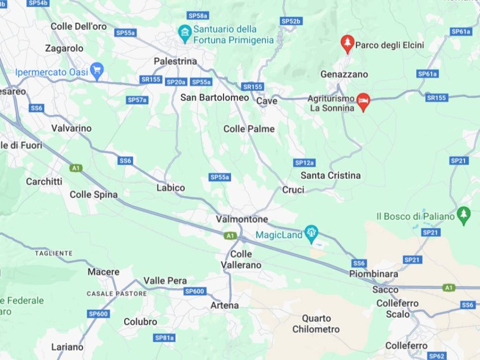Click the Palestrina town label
pyautogui.click(x=175, y=61)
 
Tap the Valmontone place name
pyautogui.click(x=242, y=219)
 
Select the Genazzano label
pyautogui.click(x=344, y=74)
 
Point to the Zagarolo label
pyautogui.click(x=64, y=48)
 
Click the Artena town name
pyautogui.click(x=225, y=305)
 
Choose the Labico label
pyautogui.click(x=171, y=187)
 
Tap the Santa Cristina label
pyautogui.click(x=330, y=175)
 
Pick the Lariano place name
pyautogui.click(x=67, y=347)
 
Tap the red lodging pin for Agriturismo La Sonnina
pyautogui.click(x=363, y=101)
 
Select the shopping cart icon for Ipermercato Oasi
pyautogui.click(x=97, y=71)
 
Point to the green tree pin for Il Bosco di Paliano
pyautogui.click(x=464, y=215)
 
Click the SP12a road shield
pyautogui.click(x=304, y=163)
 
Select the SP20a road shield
pyautogui.click(x=176, y=82)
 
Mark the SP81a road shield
pyautogui.click(x=165, y=337)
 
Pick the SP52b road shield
pyautogui.click(x=291, y=21)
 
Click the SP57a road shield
pyautogui.click(x=137, y=100)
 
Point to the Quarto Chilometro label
pyautogui.click(x=316, y=324)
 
